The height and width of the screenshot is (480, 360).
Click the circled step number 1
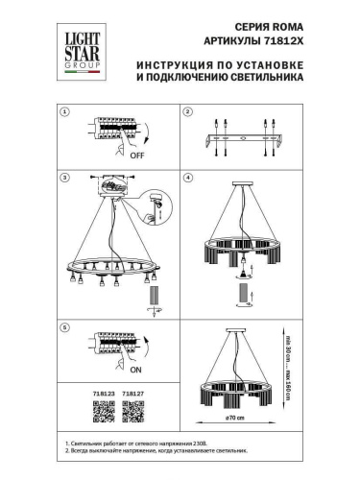point(65,112)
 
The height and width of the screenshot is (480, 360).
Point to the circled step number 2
point(188,112)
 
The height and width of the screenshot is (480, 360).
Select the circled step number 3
point(65,179)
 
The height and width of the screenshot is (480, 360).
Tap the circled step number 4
point(188,179)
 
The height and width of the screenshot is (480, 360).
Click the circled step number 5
point(65,326)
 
